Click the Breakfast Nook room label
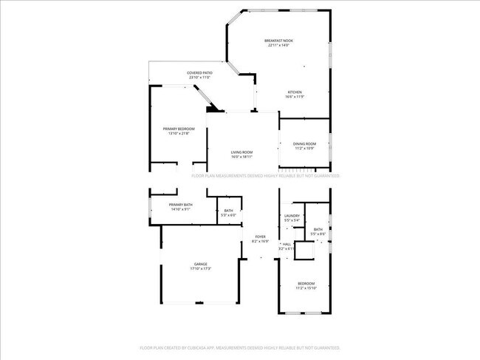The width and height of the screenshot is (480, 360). point(280,40)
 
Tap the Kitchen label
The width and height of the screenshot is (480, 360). point(294,92)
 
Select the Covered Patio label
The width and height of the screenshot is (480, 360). point(199,72)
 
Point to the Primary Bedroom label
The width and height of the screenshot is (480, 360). point(179,129)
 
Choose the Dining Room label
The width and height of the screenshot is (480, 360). point(305,143)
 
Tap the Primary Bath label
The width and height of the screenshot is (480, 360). point(181,205)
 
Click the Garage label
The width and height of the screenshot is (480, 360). point(201,264)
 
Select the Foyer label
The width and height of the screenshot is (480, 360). point(261,237)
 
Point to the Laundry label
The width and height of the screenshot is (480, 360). point(292,216)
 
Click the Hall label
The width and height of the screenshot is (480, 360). point(287,244)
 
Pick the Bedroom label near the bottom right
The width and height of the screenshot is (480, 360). point(306,284)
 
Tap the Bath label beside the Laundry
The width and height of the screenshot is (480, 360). point(318,229)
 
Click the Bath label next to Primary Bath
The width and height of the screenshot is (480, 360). point(229,211)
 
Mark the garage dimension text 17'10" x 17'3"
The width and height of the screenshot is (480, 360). point(201,268)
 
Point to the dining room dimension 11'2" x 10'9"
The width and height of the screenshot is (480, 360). point(305,148)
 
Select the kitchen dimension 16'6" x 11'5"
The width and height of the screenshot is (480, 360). point(294,97)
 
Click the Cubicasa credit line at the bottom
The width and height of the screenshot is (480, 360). point(240,347)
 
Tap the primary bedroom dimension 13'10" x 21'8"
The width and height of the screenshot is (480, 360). point(179,133)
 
